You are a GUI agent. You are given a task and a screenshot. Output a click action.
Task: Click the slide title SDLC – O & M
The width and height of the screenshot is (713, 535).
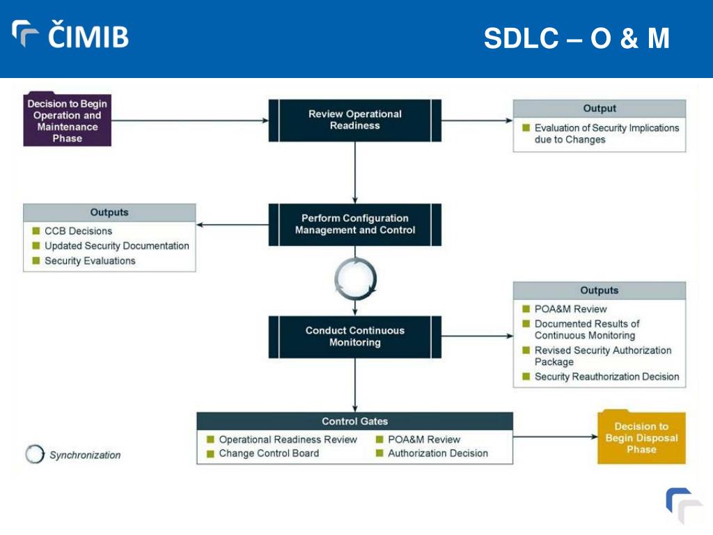(x=577, y=38)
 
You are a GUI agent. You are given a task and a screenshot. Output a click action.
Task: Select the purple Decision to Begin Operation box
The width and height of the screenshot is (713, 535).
(x=68, y=120)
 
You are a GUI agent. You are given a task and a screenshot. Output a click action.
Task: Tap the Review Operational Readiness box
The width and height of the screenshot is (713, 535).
(x=354, y=120)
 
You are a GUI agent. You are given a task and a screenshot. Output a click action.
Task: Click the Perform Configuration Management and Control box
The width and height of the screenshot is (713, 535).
(x=354, y=224)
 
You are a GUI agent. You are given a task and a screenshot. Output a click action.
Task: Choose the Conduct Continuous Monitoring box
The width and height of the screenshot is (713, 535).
(x=354, y=336)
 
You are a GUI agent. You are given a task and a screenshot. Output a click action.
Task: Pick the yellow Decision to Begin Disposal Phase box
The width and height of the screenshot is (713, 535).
(x=641, y=437)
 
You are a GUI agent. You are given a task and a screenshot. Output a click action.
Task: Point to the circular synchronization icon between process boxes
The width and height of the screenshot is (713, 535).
(x=355, y=279)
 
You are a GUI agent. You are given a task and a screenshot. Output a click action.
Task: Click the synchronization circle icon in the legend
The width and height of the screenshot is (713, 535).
(x=35, y=454)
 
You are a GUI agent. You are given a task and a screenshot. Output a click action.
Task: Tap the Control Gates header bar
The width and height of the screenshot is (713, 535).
(x=354, y=421)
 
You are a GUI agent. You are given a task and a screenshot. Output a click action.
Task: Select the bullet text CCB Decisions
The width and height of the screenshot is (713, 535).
(x=78, y=231)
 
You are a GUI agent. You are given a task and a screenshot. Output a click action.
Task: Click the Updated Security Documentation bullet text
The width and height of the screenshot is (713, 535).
(x=117, y=246)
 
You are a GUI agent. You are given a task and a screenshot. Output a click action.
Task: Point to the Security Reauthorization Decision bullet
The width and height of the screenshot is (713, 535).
(x=606, y=377)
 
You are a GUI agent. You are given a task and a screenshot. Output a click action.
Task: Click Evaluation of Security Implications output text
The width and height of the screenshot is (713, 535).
(x=606, y=134)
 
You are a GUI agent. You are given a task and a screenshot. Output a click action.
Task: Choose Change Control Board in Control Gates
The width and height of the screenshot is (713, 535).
(x=269, y=453)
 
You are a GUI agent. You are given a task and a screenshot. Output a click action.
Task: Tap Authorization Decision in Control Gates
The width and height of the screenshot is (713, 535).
(x=438, y=453)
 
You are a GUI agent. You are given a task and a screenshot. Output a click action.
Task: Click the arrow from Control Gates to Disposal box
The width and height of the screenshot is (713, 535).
(x=555, y=437)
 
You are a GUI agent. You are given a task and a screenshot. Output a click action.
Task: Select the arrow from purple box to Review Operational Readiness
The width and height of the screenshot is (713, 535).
(x=190, y=121)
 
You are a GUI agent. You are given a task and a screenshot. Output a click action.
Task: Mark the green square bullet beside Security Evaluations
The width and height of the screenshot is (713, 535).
(x=36, y=261)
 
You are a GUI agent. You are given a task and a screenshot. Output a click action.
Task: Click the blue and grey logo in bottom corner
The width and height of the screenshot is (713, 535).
(x=684, y=506)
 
